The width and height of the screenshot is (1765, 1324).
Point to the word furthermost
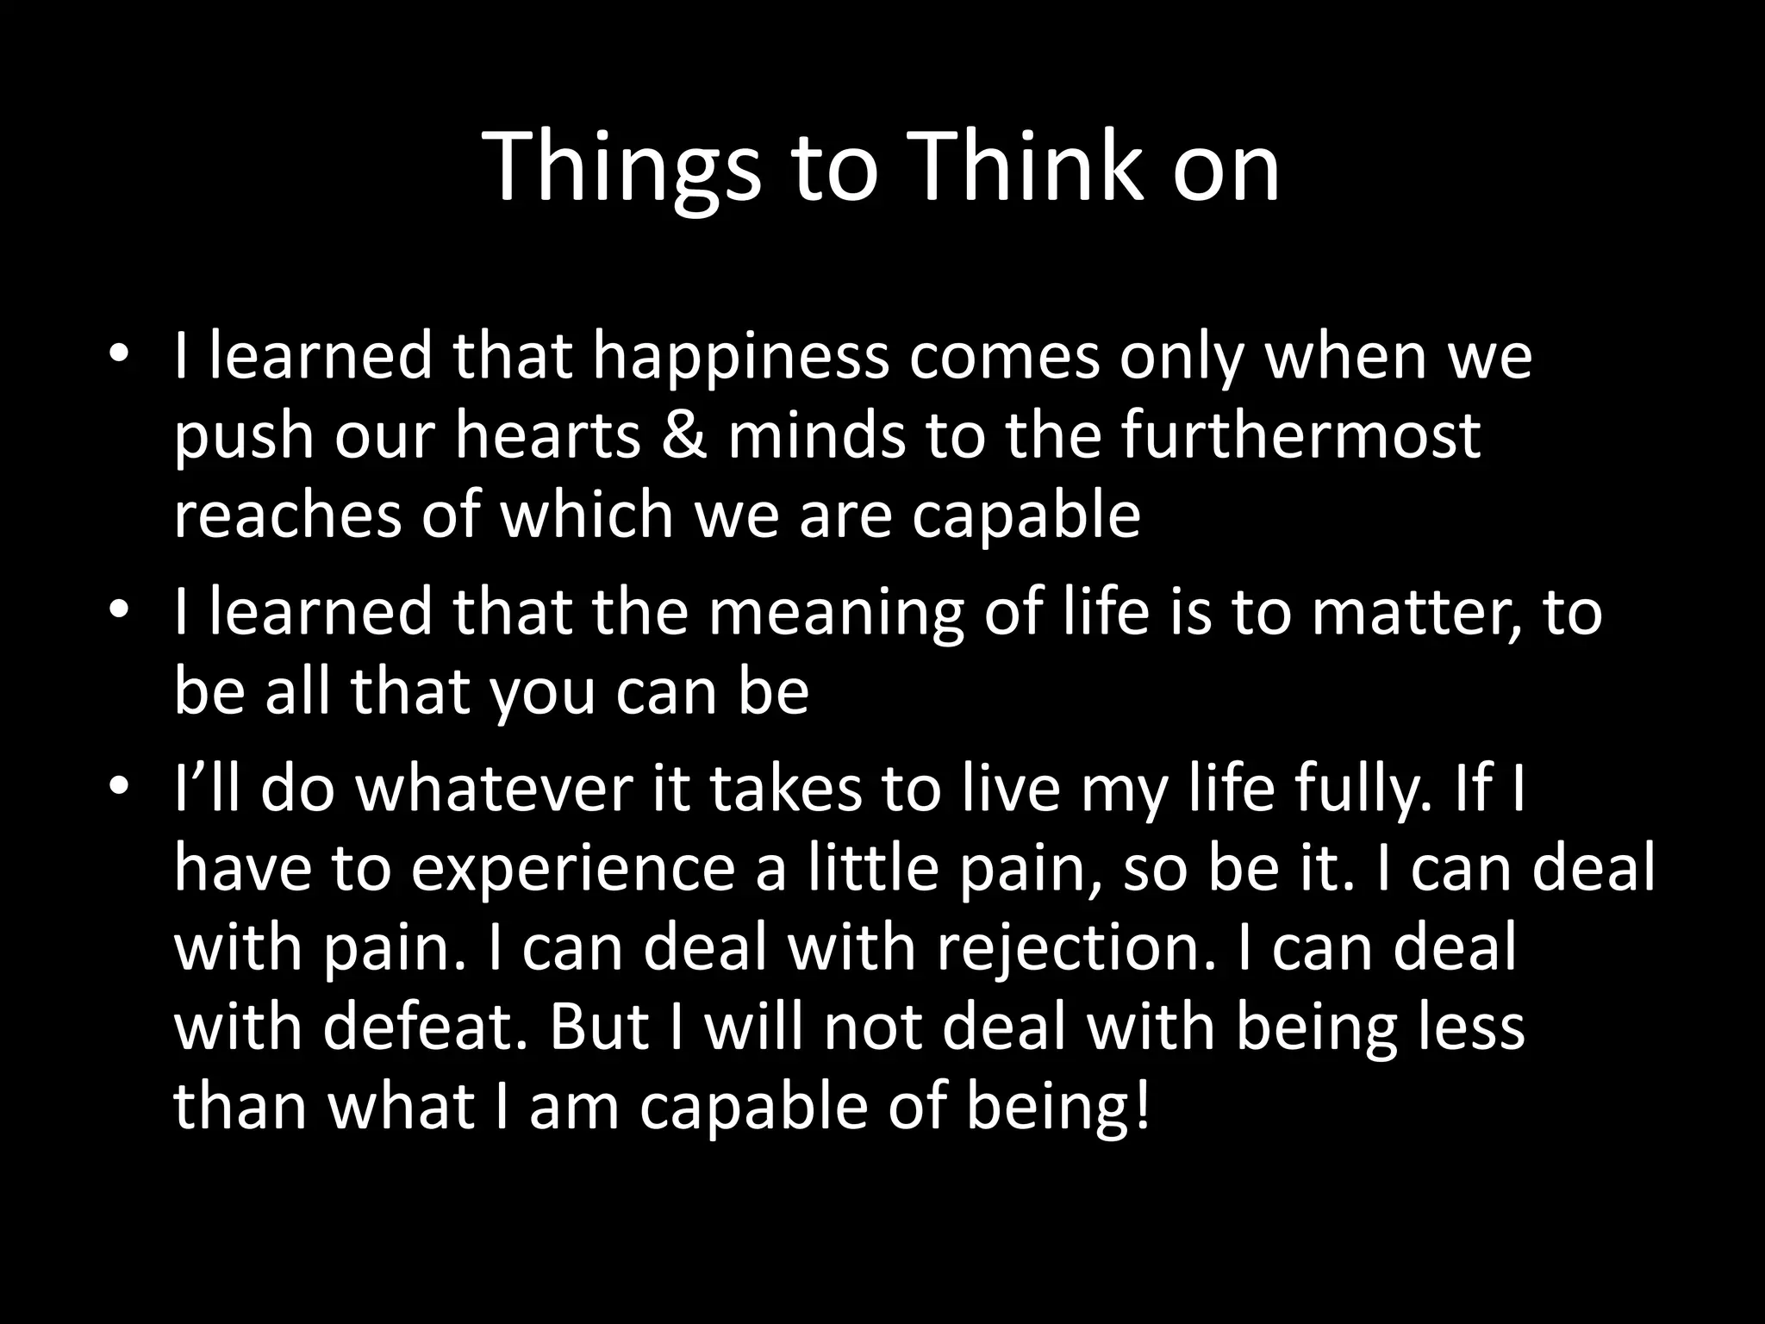click(x=1300, y=435)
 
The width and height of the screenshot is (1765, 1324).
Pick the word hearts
click(x=547, y=435)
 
